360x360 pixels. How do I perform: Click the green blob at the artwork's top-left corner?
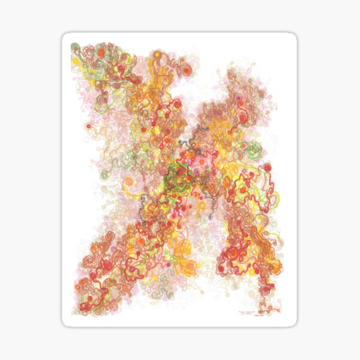(x=75, y=46)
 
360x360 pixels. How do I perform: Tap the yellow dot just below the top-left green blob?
(x=76, y=61)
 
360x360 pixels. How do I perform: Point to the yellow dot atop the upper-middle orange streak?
(x=158, y=55)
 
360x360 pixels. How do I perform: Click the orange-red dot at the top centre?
(x=187, y=71)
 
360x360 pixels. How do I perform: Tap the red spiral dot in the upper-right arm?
(x=243, y=118)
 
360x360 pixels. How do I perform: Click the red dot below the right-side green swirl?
(x=267, y=167)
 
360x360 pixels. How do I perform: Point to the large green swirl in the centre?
(x=178, y=177)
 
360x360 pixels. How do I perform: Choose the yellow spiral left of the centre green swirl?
(x=130, y=191)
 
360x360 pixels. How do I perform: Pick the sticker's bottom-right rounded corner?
(x=293, y=323)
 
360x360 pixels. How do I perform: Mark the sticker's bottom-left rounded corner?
(x=65, y=323)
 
